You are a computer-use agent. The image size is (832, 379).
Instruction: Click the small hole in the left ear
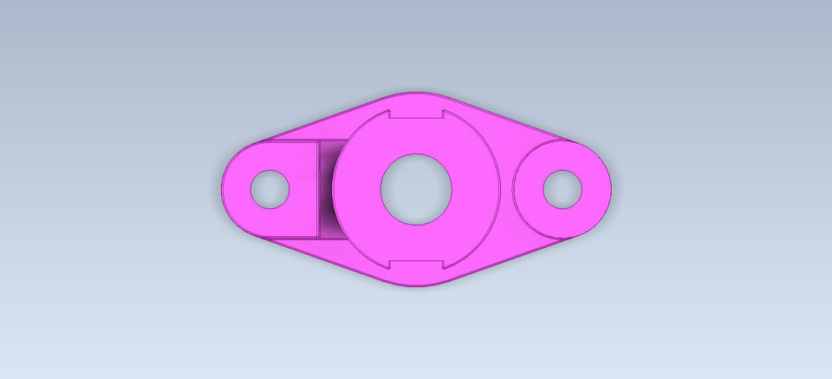[270, 188]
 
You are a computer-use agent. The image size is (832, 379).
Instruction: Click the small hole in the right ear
[562, 188]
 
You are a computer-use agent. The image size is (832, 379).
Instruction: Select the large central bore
[416, 188]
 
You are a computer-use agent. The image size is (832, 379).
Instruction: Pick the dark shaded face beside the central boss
[326, 188]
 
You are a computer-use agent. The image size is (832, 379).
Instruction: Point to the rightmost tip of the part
[611, 188]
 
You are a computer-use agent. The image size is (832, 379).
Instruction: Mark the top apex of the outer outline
[416, 91]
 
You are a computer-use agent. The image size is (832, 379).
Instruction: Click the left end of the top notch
[389, 115]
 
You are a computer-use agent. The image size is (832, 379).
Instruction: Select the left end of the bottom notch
[389, 263]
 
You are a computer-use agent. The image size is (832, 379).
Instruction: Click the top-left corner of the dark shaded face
[318, 141]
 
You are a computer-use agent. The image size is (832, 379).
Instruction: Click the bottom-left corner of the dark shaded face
[318, 236]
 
